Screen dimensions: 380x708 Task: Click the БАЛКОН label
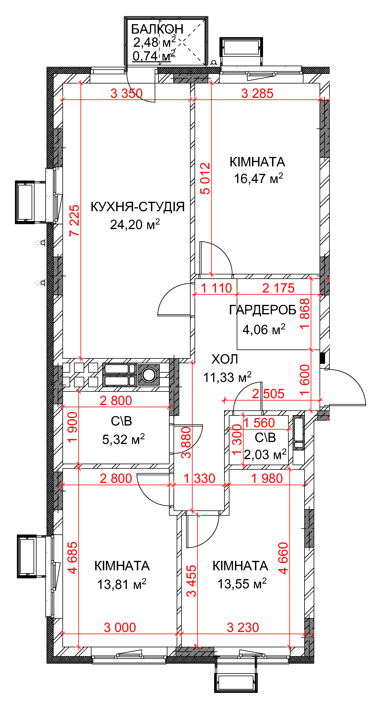point(157,29)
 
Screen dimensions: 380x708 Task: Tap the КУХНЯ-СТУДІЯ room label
point(138,207)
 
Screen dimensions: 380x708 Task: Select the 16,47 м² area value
point(258,179)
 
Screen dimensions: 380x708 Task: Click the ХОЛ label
point(225,359)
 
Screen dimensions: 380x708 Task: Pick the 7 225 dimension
point(74,220)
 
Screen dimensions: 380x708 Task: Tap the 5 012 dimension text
point(205,179)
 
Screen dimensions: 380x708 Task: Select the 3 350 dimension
point(127,94)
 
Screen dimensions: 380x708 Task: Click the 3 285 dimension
point(257,94)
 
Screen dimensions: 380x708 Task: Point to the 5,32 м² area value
point(123,439)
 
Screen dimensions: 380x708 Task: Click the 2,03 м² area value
point(265,455)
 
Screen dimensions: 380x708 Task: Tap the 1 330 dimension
point(199,479)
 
